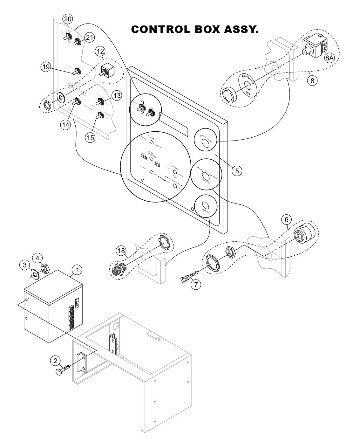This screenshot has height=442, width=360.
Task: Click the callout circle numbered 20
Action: [x=67, y=19]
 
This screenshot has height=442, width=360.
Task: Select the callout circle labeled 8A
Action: [x=329, y=58]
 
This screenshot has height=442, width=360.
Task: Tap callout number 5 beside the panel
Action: [x=236, y=170]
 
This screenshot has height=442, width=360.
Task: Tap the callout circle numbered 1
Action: [x=77, y=270]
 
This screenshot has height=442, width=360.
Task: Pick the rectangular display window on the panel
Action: [x=173, y=124]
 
